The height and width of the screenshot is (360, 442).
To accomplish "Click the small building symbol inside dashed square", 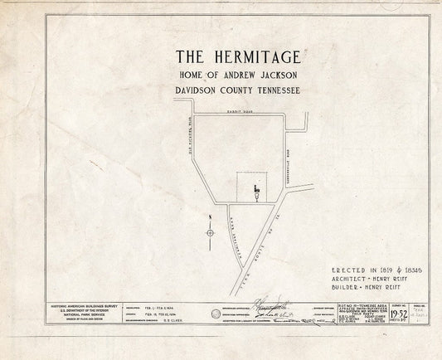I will (257, 192).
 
